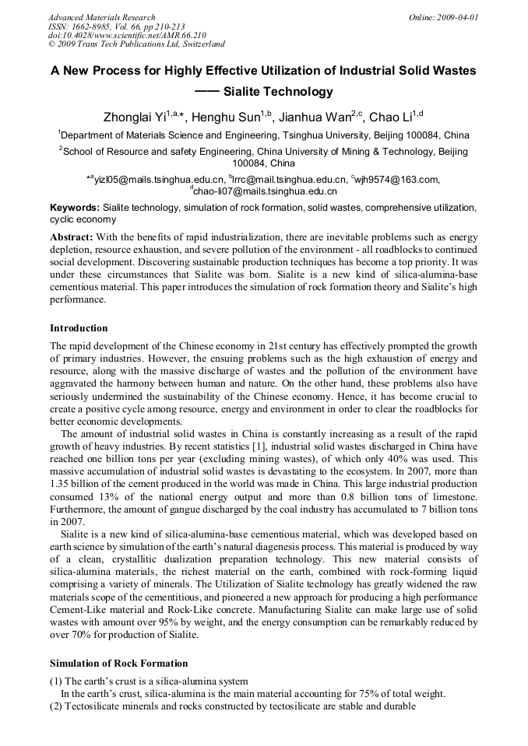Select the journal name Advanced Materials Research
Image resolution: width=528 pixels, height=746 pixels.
(102, 17)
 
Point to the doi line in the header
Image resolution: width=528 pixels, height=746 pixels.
(127, 35)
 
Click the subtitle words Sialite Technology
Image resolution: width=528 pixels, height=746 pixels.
(278, 92)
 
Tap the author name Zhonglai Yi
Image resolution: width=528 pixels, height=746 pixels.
(135, 118)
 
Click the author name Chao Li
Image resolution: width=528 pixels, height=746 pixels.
(390, 118)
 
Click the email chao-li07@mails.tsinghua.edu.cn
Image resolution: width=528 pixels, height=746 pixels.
(265, 191)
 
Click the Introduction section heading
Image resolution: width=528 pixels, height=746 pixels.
(79, 327)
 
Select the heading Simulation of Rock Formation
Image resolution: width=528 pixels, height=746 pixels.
(118, 664)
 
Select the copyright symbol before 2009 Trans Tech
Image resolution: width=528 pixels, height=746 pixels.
(52, 44)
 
